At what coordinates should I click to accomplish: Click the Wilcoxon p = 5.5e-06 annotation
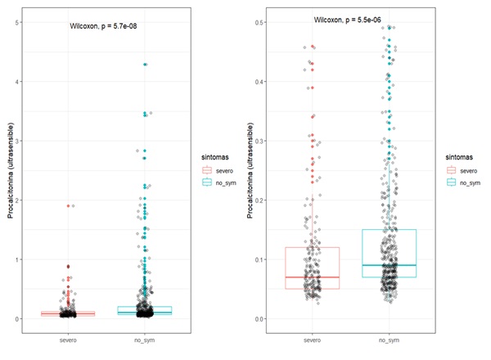click(x=353, y=20)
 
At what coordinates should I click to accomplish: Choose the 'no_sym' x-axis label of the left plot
click(x=145, y=339)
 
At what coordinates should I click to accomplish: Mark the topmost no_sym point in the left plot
click(x=145, y=64)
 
